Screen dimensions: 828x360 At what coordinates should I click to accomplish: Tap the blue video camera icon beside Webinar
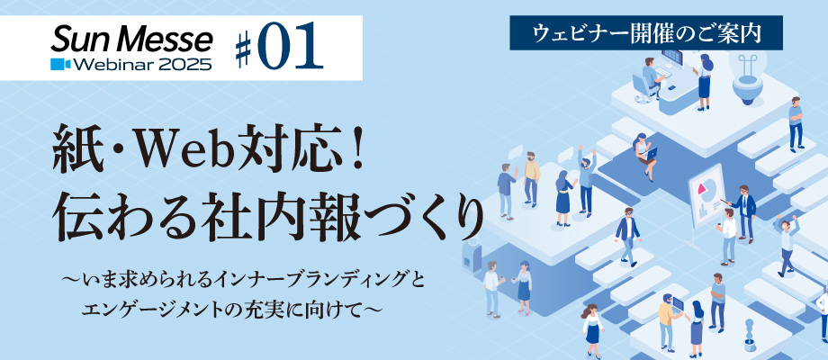60,64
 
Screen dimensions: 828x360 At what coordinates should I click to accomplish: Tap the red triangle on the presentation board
702,188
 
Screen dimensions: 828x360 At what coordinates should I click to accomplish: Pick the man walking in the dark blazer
627,237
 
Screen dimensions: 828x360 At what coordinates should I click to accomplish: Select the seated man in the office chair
650,78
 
